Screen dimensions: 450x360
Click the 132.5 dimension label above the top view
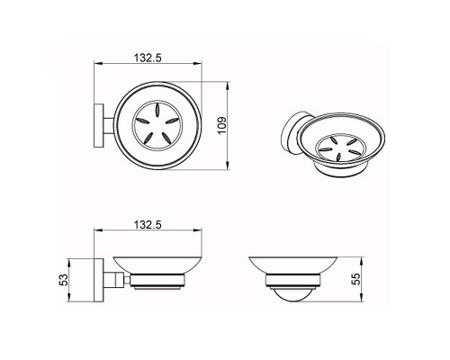[148, 58]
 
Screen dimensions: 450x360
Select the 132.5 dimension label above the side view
[148, 224]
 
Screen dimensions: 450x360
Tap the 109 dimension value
[222, 125]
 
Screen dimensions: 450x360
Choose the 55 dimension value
[355, 279]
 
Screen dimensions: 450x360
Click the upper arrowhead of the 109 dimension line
[228, 85]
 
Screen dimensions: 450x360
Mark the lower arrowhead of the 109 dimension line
[228, 166]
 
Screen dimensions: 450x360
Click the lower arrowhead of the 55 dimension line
[362, 298]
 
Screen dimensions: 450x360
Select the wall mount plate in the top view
[99, 125]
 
